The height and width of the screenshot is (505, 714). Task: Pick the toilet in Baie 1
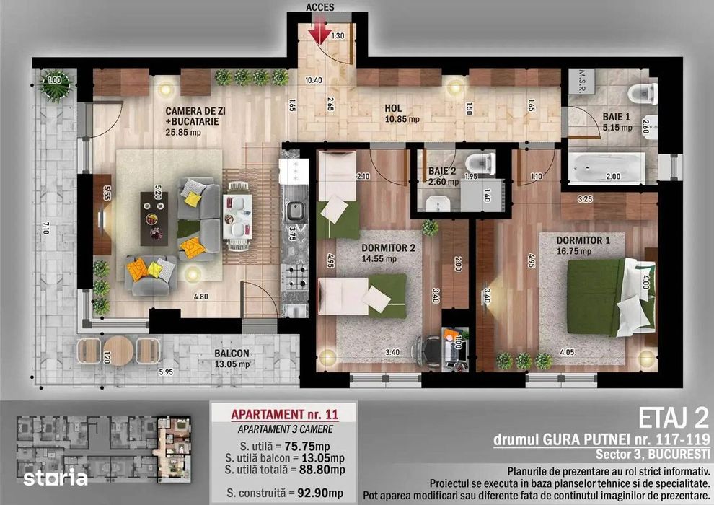coord(642,94)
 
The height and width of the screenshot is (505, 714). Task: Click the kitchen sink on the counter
coord(294,211)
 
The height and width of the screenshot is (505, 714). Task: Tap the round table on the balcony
coord(118,351)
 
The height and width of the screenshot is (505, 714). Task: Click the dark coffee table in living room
coord(154,215)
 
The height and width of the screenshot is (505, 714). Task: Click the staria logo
coord(55,478)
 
